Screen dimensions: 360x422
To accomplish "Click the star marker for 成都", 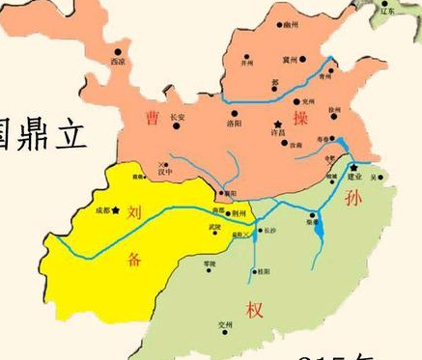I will tap(117, 209).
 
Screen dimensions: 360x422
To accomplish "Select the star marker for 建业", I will tap(354, 167).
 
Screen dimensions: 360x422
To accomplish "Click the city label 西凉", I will tap(118, 62).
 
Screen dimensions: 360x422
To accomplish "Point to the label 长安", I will tap(177, 118).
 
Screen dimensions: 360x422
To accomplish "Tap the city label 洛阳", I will tap(235, 124).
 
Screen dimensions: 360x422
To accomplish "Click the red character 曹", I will tap(152, 118).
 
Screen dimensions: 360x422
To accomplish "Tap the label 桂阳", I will tap(263, 273).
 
